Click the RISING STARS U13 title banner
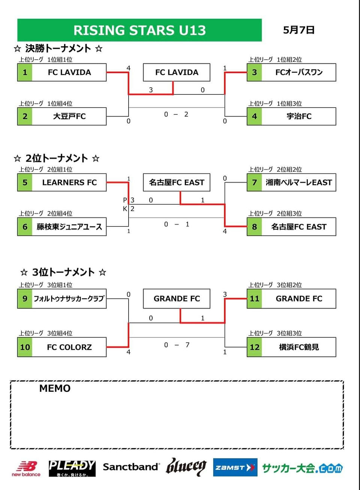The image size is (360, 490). (x=139, y=30)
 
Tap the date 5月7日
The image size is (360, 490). (x=298, y=30)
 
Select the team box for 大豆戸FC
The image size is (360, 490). (x=62, y=116)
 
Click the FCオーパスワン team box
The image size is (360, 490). (x=291, y=72)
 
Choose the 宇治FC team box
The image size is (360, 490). (x=291, y=116)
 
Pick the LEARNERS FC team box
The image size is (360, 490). (x=62, y=183)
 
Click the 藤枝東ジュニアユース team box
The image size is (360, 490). (x=62, y=226)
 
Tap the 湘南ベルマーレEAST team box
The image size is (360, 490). (x=291, y=183)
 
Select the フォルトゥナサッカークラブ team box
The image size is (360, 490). (x=62, y=298)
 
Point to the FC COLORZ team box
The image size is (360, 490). (x=62, y=347)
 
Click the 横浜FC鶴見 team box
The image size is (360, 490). (x=291, y=347)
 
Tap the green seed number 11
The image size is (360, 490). (x=254, y=298)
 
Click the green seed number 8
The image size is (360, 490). (x=254, y=226)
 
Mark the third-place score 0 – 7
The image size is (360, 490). (x=177, y=345)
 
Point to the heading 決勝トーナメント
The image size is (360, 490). (x=58, y=48)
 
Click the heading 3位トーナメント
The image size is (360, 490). (x=63, y=272)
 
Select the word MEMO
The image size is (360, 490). (x=55, y=388)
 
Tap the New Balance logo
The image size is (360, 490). (x=26, y=468)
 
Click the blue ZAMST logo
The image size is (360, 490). (x=235, y=468)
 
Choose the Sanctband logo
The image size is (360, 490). (x=131, y=467)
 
